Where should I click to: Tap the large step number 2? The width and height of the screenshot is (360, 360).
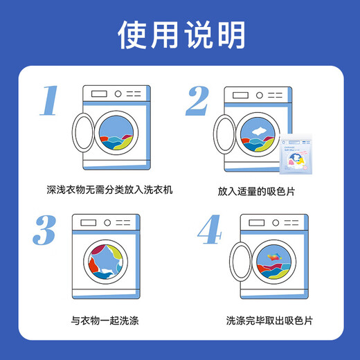pyautogui.click(x=196, y=101)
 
